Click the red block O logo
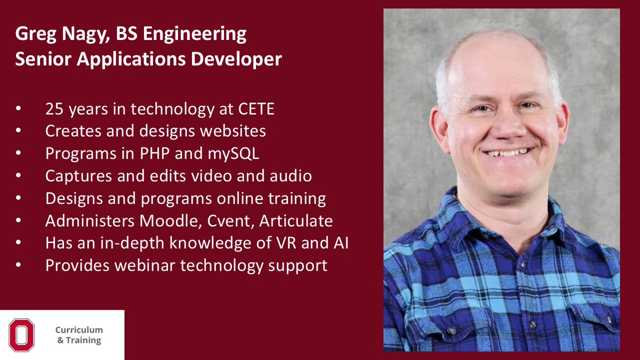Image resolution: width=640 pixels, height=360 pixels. (21, 335)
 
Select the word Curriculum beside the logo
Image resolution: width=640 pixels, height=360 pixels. (79, 330)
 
